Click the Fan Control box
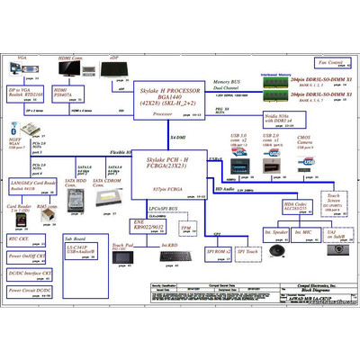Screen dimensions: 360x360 pos(329,63)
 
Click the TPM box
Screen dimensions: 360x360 pos(185,229)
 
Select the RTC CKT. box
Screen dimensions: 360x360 pos(23,239)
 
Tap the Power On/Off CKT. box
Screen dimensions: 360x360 pos(26,256)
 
